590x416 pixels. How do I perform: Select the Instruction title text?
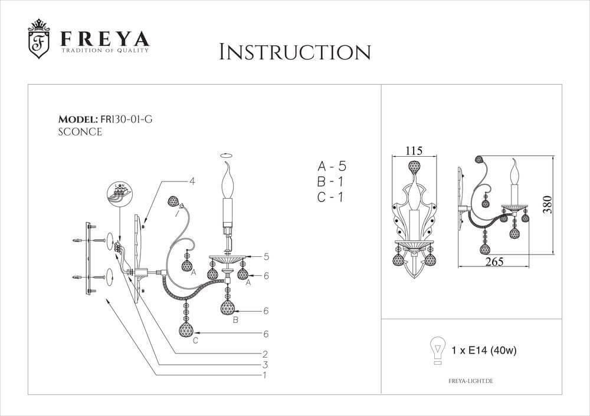(x=294, y=52)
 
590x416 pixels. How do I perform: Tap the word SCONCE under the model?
(x=80, y=132)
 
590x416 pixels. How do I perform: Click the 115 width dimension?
(x=415, y=151)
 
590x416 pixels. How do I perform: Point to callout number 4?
(x=192, y=181)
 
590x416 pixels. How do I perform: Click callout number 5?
(x=267, y=257)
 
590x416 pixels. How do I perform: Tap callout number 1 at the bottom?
(x=266, y=375)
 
